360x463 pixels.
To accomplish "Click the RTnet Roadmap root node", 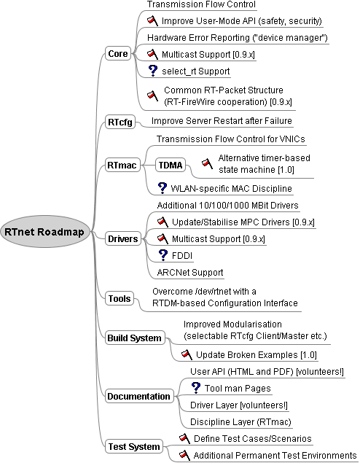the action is (x=45, y=232).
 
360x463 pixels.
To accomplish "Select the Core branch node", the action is (x=118, y=54).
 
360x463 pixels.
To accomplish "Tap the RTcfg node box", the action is (x=120, y=122).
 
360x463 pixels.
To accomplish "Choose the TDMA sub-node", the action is (x=171, y=165).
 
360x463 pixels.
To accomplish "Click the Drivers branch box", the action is (x=122, y=238).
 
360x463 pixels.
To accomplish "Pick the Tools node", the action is (x=120, y=298).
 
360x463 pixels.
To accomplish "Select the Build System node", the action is (x=135, y=338).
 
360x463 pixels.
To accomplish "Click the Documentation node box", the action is (x=139, y=396).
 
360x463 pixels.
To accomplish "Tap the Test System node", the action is (x=134, y=446).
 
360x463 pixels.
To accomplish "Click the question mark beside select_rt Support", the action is (x=153, y=71).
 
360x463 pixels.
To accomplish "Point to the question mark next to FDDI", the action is (x=163, y=255).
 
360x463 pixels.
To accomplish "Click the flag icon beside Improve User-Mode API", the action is (x=152, y=20).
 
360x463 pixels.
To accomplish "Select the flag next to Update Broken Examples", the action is (x=187, y=354).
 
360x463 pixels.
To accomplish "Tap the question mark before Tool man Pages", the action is (x=196, y=388).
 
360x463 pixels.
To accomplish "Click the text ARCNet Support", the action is (x=190, y=272).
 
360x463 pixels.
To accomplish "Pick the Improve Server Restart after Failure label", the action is (x=222, y=121).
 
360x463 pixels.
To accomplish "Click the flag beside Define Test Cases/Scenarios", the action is (x=184, y=438).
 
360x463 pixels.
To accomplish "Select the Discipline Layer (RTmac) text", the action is (x=240, y=422).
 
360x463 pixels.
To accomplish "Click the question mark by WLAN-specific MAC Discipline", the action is (x=163, y=188).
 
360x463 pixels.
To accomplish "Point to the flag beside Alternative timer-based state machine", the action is (x=207, y=163).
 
